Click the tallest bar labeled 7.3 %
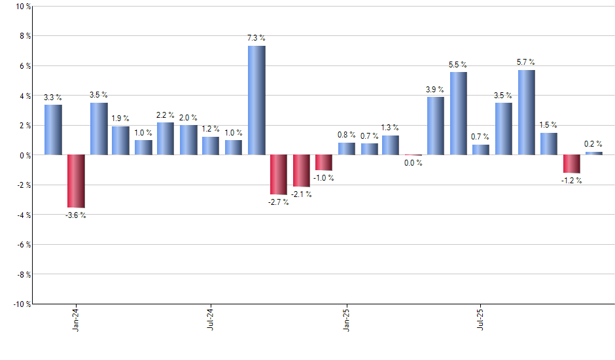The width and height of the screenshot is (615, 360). pyautogui.click(x=256, y=100)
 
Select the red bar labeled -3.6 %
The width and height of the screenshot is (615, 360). pyautogui.click(x=76, y=181)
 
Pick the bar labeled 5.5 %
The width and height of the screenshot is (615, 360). pyautogui.click(x=459, y=113)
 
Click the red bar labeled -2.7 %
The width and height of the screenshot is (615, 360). pyautogui.click(x=279, y=175)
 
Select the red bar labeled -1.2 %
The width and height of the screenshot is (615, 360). pyautogui.click(x=572, y=164)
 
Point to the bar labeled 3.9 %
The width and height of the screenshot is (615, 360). pyautogui.click(x=436, y=126)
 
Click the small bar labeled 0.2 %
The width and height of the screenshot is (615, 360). pyautogui.click(x=594, y=153)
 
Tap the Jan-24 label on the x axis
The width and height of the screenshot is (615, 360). pyautogui.click(x=76, y=319)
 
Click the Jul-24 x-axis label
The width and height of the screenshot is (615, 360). pyautogui.click(x=211, y=319)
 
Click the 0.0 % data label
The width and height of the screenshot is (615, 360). pyautogui.click(x=413, y=163)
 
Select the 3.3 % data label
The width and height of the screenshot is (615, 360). pyautogui.click(x=53, y=98)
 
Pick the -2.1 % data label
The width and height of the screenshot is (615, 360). pyautogui.click(x=301, y=194)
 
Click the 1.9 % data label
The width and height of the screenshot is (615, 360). pyautogui.click(x=120, y=118)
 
